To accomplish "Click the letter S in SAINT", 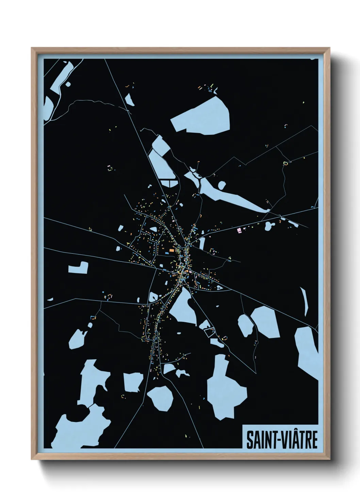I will point(250,440).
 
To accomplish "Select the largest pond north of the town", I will point(202,116).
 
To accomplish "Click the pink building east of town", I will point(239,230).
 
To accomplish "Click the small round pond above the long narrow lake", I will point(222,185).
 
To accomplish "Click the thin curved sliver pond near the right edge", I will point(305,301).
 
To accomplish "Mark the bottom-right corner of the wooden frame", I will point(329,460).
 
